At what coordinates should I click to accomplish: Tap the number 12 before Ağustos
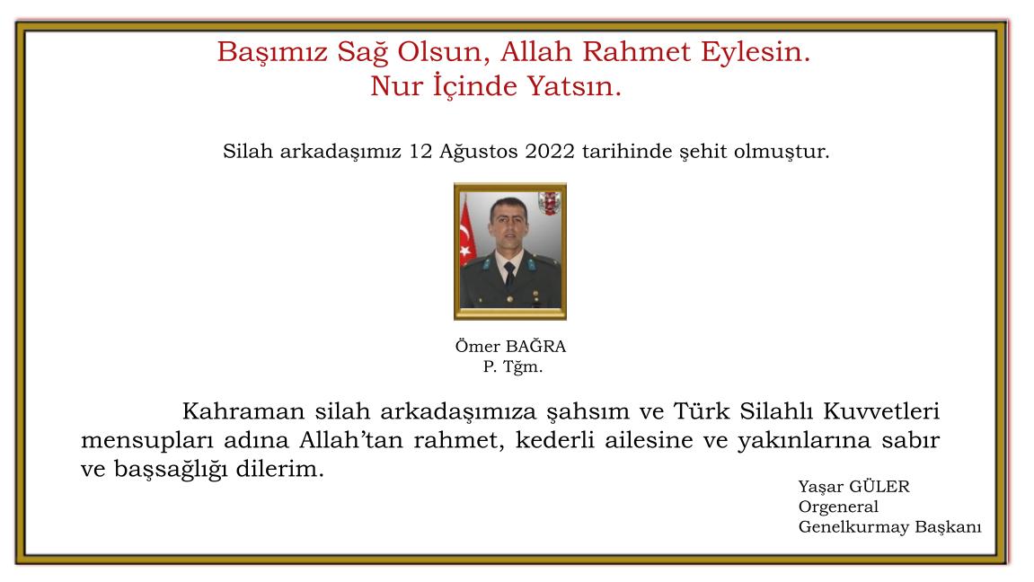click(x=420, y=151)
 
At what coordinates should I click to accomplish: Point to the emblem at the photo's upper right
click(x=548, y=203)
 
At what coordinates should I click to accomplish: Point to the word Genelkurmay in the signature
click(x=851, y=527)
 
